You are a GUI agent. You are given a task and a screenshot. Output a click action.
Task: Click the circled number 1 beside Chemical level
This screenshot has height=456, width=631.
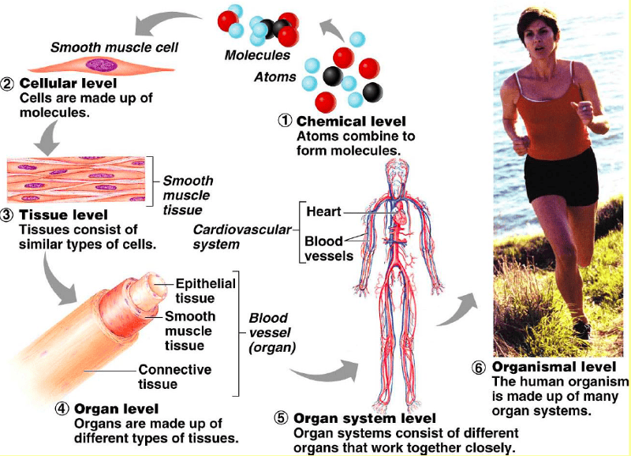tap(284, 121)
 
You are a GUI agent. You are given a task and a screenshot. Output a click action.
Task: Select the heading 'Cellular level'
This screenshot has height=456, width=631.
tap(69, 83)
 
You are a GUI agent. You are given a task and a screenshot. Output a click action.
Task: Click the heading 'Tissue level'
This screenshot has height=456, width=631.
tap(64, 215)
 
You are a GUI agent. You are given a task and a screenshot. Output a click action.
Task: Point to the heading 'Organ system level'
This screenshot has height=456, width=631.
tap(363, 418)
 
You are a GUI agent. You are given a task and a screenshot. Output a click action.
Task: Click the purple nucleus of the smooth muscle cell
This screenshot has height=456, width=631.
tap(101, 66)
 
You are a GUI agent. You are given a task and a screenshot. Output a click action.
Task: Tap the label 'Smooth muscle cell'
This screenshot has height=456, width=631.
tap(114, 47)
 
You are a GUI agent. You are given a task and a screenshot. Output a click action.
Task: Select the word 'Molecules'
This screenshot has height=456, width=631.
tap(257, 55)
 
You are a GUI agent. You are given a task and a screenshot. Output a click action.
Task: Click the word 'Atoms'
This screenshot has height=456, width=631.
tap(275, 77)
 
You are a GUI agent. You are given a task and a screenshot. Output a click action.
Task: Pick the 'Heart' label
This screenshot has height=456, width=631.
tap(323, 211)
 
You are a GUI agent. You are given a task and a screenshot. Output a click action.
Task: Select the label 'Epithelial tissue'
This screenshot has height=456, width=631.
tap(205, 290)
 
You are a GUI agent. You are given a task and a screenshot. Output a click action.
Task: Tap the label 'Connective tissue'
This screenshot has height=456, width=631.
tap(174, 376)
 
